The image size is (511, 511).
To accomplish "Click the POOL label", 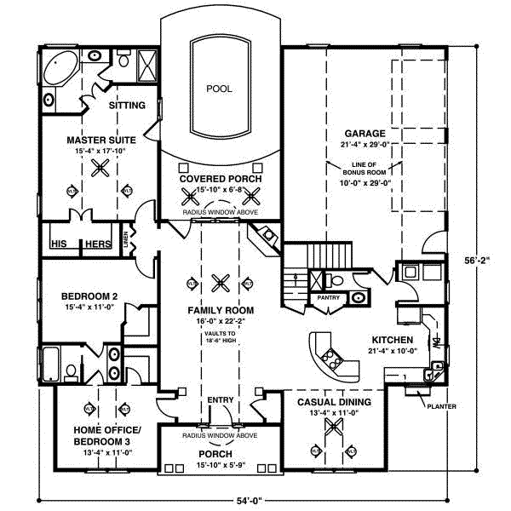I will (219, 89).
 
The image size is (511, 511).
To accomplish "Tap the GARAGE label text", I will (365, 134).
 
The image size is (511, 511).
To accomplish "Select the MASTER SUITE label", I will (98, 139).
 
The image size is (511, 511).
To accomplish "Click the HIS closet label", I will (59, 244).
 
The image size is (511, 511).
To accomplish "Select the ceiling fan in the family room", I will (221, 280).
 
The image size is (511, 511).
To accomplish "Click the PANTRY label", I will (328, 298).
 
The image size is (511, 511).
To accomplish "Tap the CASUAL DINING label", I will (333, 401).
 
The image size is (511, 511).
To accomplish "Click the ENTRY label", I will (220, 399).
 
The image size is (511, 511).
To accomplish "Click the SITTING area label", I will (126, 106).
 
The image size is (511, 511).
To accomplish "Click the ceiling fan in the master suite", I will (99, 168).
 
